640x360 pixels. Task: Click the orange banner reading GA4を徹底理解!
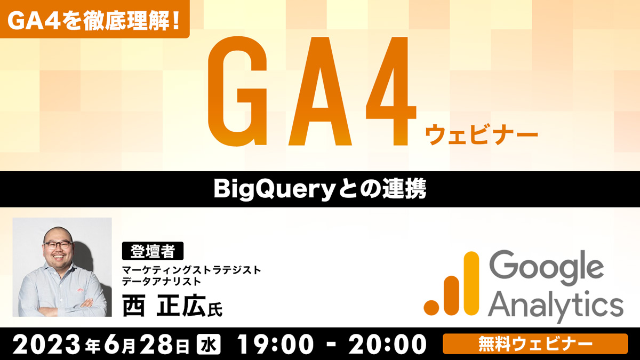94,19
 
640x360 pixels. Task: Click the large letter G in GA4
238,91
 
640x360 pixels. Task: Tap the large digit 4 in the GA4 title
391,91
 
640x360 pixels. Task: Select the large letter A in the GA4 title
320,91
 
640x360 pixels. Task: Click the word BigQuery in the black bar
274,190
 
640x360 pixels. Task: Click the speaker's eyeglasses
58,245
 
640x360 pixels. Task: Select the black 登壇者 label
153,251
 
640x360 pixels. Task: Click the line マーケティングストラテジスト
191,270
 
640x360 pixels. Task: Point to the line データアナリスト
162,282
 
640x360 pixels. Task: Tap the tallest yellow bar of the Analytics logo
471,283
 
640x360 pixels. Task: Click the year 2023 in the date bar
46,345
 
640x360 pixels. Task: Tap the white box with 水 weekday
209,345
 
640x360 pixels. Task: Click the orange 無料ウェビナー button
535,343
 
